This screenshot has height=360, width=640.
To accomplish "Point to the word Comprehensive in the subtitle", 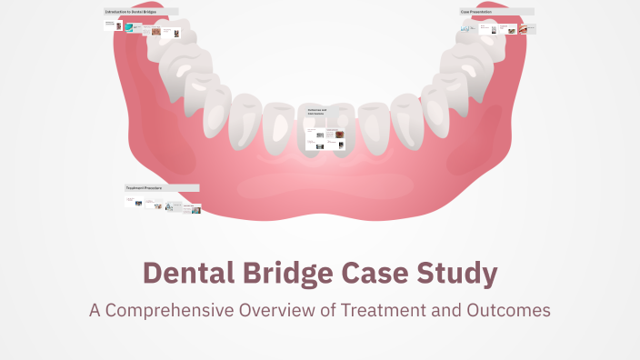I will point(169,311).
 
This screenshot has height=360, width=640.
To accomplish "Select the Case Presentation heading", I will point(476,12).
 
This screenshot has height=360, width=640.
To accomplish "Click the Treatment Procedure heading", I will point(145,188).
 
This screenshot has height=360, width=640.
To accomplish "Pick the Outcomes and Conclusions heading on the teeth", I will point(316,111).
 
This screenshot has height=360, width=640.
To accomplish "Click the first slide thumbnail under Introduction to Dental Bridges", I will point(113,25).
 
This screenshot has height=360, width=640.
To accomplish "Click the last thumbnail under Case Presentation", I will point(530,28).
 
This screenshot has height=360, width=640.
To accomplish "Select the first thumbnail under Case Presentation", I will point(465,28).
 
